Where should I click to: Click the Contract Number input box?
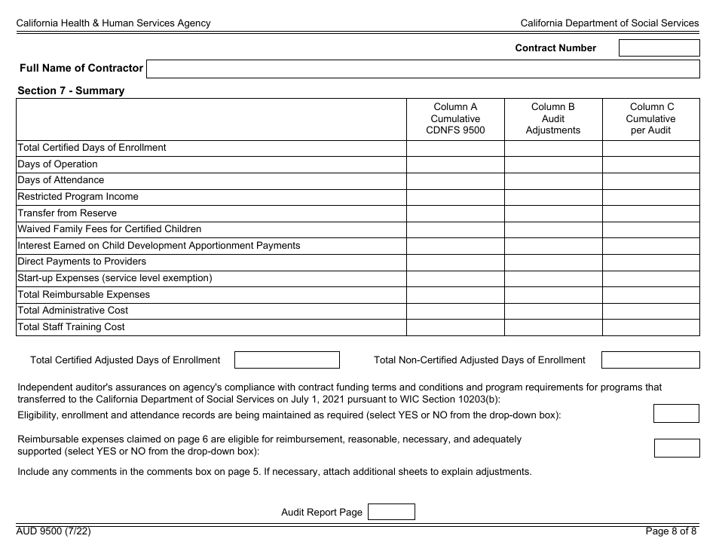[x=659, y=48]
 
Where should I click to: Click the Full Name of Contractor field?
[x=423, y=69]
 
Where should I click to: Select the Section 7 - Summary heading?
[x=71, y=90]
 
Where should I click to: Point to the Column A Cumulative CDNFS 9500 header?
[x=455, y=119]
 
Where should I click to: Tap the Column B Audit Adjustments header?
[x=553, y=119]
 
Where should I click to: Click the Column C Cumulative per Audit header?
[x=651, y=119]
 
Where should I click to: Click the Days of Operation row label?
[x=57, y=164]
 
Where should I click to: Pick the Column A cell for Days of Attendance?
[x=455, y=181]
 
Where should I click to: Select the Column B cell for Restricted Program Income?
[x=553, y=197]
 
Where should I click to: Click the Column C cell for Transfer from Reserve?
[x=651, y=213]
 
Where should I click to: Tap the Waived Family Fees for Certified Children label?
[x=109, y=229]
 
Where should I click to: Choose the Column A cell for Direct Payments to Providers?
[x=455, y=262]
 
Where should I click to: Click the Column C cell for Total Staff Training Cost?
[x=651, y=327]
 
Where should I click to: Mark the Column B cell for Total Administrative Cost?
[x=553, y=311]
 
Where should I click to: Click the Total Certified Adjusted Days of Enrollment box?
[x=287, y=360]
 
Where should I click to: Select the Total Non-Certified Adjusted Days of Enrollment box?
[x=650, y=360]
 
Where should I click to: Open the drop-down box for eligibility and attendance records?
[x=676, y=414]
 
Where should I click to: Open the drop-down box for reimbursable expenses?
[x=676, y=448]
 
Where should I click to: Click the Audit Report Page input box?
[x=390, y=513]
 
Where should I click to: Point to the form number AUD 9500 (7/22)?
[x=54, y=531]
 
